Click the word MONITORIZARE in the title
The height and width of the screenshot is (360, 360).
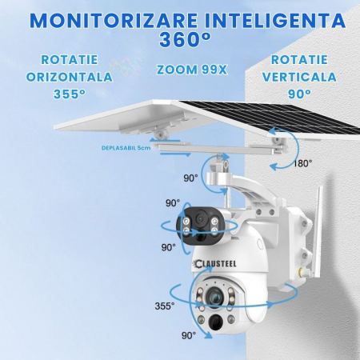click(x=114, y=21)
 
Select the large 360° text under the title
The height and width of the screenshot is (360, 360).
click(x=185, y=39)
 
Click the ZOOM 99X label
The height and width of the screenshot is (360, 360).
click(x=192, y=70)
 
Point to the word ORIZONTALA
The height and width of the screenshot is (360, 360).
click(x=69, y=77)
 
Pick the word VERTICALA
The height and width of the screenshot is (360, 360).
click(x=299, y=77)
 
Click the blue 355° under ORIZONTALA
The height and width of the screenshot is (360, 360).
click(x=70, y=94)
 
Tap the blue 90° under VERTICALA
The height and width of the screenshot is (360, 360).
click(x=299, y=94)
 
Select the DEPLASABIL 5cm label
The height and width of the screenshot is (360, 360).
click(x=126, y=148)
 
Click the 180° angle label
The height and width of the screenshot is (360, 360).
click(x=302, y=163)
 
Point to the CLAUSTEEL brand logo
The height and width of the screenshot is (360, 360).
click(x=216, y=264)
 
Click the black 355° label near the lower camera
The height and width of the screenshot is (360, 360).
click(x=165, y=306)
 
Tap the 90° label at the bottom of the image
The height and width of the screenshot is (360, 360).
click(x=189, y=335)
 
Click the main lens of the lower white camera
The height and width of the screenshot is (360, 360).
click(x=214, y=295)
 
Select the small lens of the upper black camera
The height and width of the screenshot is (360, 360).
click(x=200, y=219)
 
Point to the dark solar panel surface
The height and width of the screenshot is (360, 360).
click(x=270, y=114)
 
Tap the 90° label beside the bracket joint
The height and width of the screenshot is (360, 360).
click(x=190, y=178)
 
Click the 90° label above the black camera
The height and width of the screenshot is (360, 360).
click(x=173, y=203)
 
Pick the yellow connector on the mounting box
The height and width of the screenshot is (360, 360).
click(x=301, y=272)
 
